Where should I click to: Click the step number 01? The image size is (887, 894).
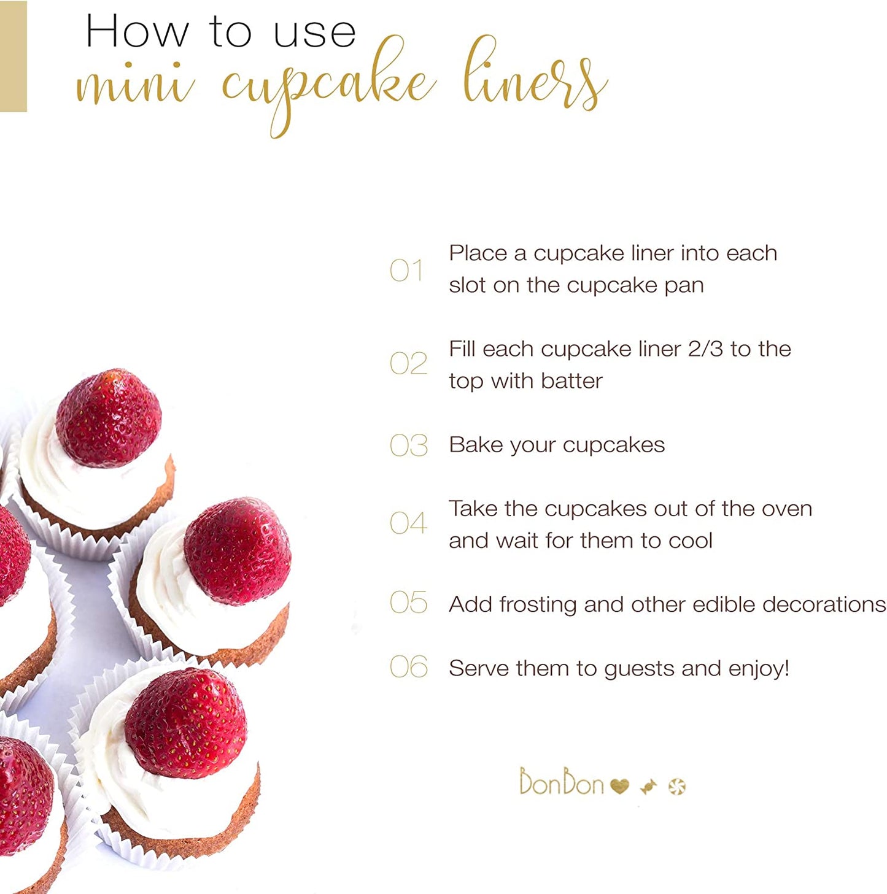tap(406, 270)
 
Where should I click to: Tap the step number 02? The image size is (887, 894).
tap(408, 363)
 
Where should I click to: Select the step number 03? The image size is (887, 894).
tap(408, 445)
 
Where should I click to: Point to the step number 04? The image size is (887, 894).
tap(408, 523)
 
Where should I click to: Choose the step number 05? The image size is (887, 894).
tap(408, 602)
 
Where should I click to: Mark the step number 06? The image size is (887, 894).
tap(408, 667)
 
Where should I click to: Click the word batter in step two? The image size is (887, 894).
tap(571, 382)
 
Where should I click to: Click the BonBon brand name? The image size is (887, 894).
tap(561, 781)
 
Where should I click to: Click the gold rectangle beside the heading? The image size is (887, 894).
tap(13, 56)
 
